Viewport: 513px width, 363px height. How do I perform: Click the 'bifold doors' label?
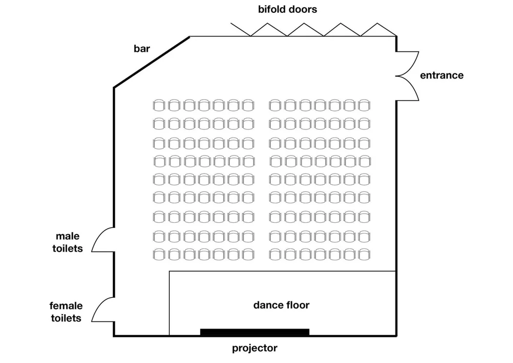(287, 9)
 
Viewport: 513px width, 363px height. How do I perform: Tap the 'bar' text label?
(142, 49)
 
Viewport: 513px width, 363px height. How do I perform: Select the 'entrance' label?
(441, 75)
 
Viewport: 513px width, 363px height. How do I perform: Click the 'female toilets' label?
(66, 312)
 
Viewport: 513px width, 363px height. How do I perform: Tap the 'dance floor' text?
(281, 305)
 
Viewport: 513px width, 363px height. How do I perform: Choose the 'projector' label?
(254, 348)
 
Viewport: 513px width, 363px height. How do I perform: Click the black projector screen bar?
(254, 332)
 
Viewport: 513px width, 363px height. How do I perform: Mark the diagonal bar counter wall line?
(152, 62)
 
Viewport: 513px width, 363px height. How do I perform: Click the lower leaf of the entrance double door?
(409, 89)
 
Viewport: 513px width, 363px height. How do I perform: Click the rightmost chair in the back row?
(365, 105)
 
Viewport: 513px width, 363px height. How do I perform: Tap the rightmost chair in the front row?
(365, 254)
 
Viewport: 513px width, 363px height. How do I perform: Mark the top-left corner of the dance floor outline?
(169, 271)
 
